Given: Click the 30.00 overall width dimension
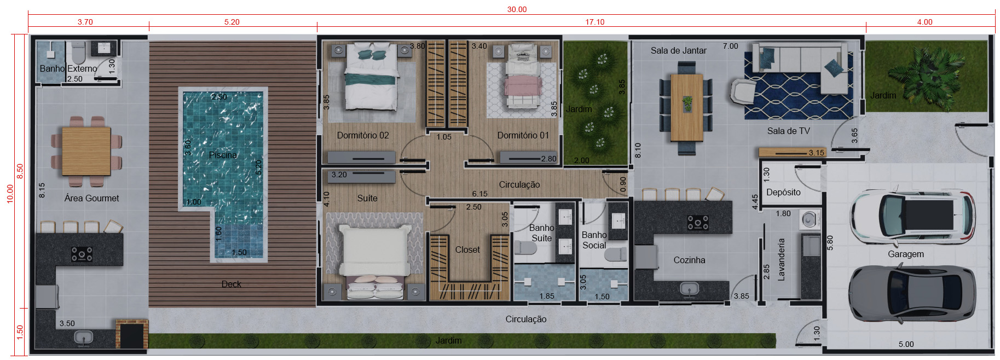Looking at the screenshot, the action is pos(517,9).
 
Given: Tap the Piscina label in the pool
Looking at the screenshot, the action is pos(223,155).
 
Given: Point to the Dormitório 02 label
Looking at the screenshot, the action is pos(363,135).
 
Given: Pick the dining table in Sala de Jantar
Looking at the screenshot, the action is pos(686,107).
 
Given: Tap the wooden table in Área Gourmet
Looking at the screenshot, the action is pos(86,150).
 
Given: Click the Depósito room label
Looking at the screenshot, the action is pos(783,192).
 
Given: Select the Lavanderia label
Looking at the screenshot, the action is pos(781,259).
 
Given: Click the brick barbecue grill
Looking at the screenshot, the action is pos(131,334).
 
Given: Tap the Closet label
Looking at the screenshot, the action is pos(467,249).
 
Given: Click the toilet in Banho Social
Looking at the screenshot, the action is pos(616,254).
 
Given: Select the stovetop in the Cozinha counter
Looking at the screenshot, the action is pos(698,223).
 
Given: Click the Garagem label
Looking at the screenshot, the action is pos(906,254).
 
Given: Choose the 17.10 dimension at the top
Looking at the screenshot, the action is pos(595,22).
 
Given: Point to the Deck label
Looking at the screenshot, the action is pos(232,284).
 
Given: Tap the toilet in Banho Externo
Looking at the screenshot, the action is pos(79,52).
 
